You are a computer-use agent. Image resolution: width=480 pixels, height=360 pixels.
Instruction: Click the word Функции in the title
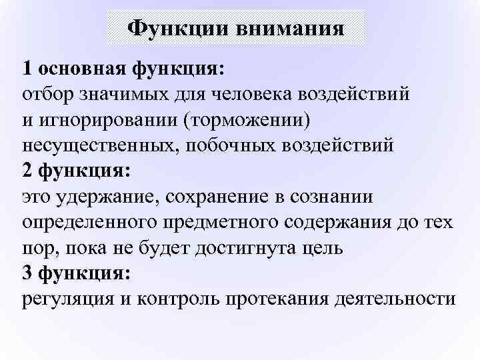[x=178, y=29]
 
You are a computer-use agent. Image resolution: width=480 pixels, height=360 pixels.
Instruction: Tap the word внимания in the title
[x=291, y=29]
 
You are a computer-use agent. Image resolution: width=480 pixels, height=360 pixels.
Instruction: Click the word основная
[x=82, y=69]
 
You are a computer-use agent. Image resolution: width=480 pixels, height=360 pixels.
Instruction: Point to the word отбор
[x=48, y=94]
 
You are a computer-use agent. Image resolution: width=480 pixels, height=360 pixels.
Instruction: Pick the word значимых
[x=124, y=95]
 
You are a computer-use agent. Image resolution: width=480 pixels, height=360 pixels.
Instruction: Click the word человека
[x=252, y=95]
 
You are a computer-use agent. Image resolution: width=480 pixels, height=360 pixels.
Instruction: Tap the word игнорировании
[x=109, y=121]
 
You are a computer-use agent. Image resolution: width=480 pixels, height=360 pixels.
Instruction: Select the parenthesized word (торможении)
[x=247, y=121]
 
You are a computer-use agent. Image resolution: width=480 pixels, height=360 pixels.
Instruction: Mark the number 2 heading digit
[x=27, y=170]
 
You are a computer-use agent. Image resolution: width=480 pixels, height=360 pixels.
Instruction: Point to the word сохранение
[x=217, y=197]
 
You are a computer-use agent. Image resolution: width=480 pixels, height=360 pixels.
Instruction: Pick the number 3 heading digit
[x=27, y=273]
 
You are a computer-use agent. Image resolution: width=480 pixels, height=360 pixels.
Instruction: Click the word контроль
[x=178, y=299]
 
